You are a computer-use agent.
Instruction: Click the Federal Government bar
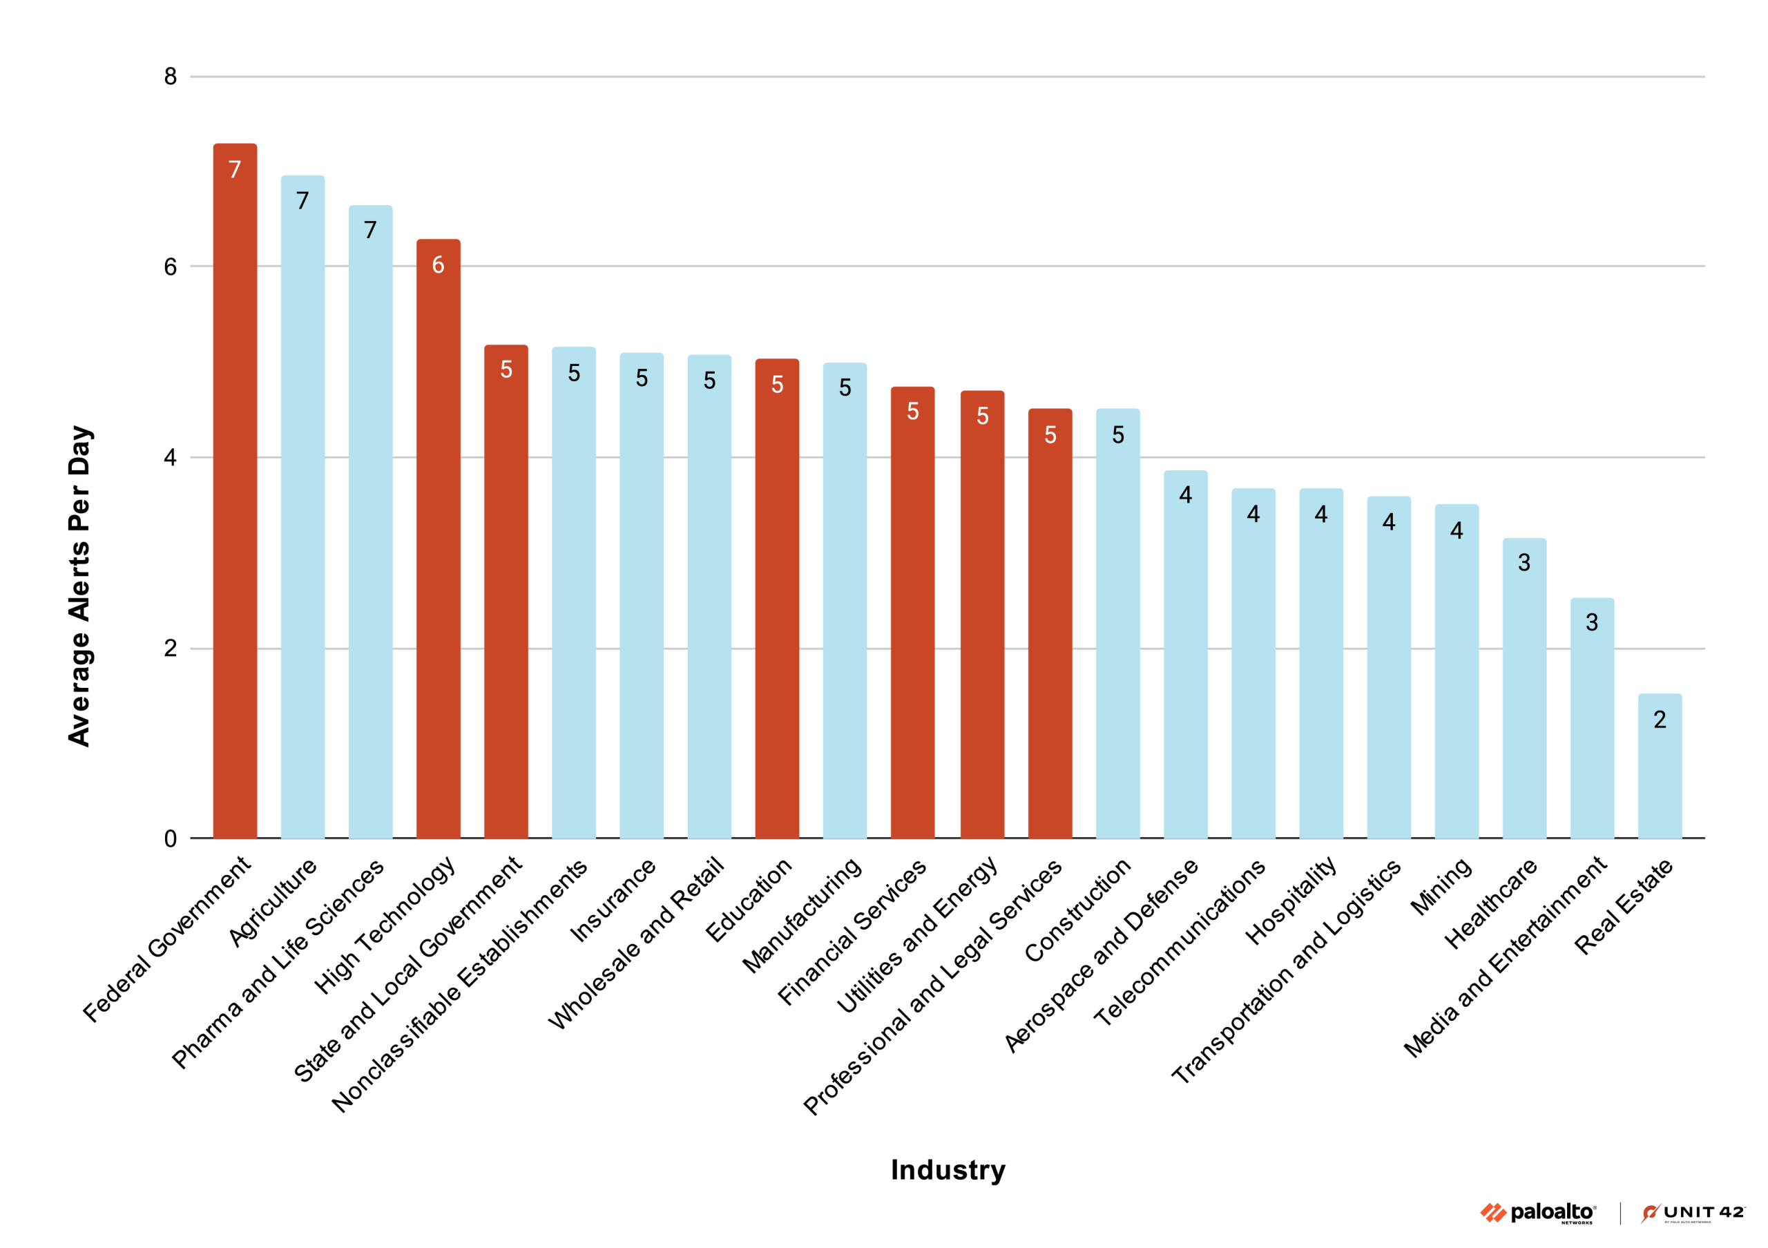235,492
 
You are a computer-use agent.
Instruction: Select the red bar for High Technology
438,539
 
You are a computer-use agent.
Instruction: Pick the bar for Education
777,601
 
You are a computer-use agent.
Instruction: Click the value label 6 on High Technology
438,265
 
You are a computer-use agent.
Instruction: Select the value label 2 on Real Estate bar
1660,719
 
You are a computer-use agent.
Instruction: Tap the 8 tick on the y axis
170,76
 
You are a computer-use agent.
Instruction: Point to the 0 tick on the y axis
170,838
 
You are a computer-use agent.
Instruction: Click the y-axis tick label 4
170,457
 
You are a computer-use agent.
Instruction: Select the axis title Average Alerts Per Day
79,585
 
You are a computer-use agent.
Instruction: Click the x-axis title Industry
948,1169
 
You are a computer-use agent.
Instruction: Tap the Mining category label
1441,887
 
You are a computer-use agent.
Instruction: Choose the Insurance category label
613,900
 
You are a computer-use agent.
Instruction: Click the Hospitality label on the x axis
1291,900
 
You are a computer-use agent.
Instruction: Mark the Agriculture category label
273,901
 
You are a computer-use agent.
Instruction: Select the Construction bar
1117,624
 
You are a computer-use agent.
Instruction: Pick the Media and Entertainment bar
1592,720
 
